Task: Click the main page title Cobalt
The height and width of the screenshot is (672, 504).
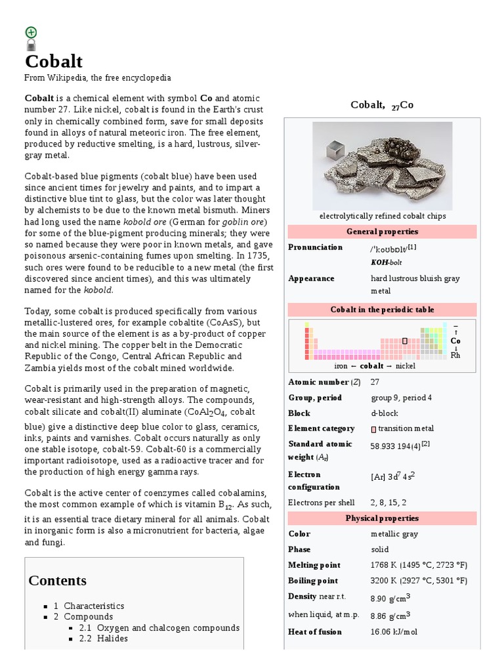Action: [x=54, y=62]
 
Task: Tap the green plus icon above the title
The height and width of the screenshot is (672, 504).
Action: [x=31, y=32]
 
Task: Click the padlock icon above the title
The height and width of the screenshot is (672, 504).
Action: [x=31, y=45]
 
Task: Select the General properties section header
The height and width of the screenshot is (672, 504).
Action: [x=382, y=232]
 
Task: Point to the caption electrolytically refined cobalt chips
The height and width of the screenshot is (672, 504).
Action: [x=382, y=216]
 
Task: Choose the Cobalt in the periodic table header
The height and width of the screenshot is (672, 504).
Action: [x=382, y=310]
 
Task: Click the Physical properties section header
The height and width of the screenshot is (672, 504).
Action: [x=382, y=518]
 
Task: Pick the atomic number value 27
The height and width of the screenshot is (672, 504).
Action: [x=375, y=382]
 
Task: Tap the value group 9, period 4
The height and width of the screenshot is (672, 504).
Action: [x=402, y=398]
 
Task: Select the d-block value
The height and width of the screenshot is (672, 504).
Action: [x=384, y=413]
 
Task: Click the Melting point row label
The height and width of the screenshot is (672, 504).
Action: [x=314, y=565]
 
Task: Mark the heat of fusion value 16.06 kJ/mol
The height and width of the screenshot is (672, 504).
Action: [x=394, y=632]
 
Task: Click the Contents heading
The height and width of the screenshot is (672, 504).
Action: [x=58, y=581]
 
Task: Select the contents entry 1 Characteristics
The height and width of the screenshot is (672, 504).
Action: [x=89, y=606]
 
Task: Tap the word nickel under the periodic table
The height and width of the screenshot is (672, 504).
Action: [x=406, y=366]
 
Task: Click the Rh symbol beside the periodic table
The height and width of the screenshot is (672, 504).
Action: [x=455, y=355]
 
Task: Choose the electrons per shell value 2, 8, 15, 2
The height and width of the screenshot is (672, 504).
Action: [x=388, y=503]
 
